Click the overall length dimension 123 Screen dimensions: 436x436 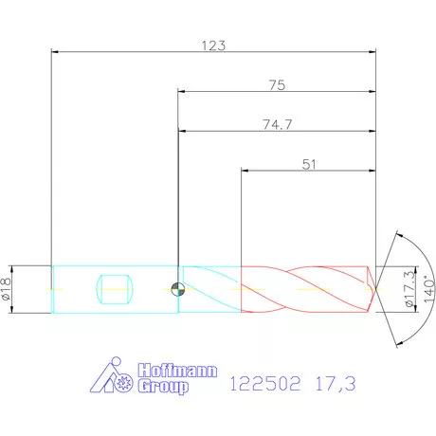point(213,44)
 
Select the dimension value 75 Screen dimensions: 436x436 point(277,84)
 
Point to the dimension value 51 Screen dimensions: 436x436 point(309,164)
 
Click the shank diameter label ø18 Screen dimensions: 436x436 point(8,289)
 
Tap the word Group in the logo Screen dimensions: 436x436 point(164,388)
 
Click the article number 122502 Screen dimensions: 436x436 point(266,386)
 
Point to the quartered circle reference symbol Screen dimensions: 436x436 point(177,290)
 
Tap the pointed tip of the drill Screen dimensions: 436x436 point(376,288)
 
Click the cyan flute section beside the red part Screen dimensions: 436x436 point(210,288)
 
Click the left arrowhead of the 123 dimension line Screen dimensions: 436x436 point(53,51)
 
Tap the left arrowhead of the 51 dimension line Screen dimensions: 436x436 point(245,171)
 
